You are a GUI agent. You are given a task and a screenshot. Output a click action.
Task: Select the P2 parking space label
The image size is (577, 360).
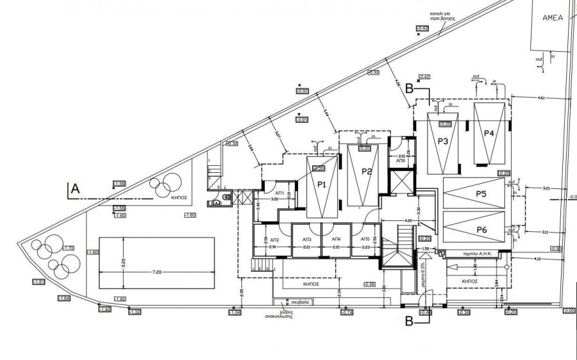367,171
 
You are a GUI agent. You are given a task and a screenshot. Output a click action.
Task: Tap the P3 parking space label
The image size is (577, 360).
442,142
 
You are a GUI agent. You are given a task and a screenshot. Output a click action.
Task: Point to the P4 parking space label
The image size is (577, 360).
489,133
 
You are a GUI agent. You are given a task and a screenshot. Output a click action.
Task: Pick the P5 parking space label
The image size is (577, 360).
481,193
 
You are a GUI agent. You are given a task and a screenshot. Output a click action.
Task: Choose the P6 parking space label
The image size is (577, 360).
481,229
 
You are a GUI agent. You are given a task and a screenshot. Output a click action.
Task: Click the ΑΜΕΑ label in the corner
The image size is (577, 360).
552,18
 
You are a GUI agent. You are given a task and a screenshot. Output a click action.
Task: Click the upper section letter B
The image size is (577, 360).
408,90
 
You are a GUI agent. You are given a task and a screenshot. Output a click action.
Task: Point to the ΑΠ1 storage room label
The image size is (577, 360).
280,193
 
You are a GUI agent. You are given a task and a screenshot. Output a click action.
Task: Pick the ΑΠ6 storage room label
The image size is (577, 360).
400,161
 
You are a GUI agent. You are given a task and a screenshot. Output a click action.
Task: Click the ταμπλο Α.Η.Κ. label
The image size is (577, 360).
476,254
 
